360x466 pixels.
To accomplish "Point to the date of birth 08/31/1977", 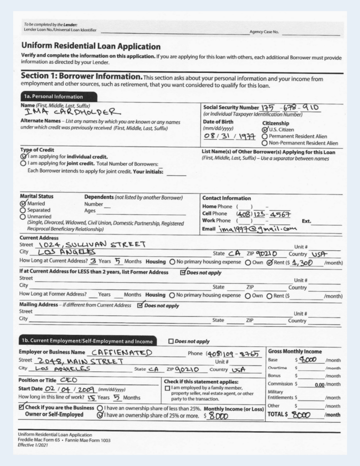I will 225,136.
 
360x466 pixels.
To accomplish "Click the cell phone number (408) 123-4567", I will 261,214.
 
